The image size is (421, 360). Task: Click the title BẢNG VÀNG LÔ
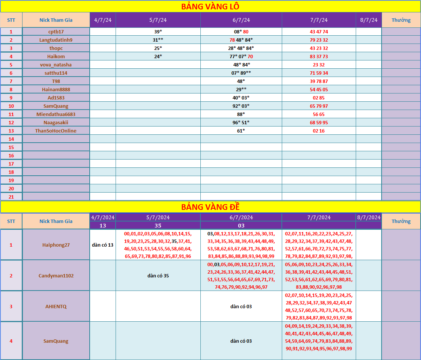210,6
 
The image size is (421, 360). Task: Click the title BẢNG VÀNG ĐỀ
210,207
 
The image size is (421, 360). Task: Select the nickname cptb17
56,32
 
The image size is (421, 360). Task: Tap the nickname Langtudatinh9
56,40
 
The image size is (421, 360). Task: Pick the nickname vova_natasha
56,65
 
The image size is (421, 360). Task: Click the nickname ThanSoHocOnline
56,131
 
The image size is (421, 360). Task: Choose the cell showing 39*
158,32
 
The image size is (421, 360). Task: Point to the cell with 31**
158,40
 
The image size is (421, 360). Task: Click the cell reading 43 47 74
319,32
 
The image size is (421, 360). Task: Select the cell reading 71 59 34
319,73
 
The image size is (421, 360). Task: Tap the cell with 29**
241,89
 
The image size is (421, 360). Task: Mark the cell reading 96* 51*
241,122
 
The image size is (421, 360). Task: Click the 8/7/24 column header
368,20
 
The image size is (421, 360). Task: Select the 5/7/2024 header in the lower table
158,217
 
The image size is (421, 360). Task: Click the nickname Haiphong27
56,245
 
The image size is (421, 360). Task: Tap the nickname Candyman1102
56,276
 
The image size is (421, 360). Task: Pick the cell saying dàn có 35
158,276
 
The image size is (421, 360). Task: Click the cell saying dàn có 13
102,245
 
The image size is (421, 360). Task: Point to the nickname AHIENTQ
56,306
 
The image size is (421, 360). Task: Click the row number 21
11,197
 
